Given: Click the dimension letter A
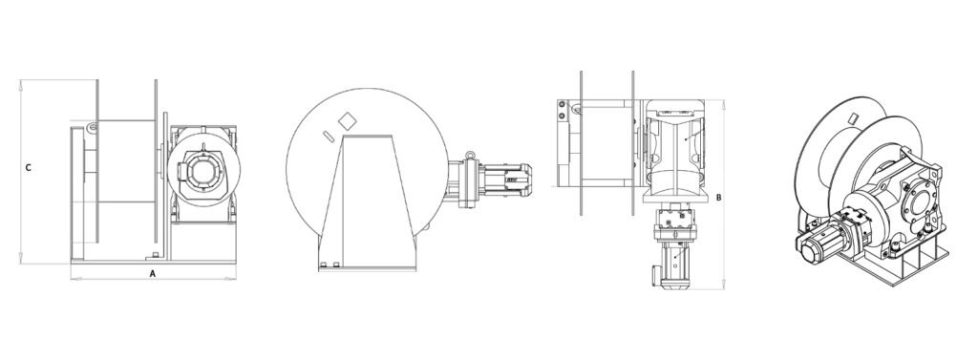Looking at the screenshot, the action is [152, 273].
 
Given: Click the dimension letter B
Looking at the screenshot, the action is [718, 198].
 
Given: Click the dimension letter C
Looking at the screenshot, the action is [28, 168].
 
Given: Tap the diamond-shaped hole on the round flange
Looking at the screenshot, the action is [347, 121].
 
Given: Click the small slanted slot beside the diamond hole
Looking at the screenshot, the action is [329, 136].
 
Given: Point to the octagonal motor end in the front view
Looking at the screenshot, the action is [201, 168].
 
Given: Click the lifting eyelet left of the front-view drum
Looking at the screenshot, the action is [93, 128].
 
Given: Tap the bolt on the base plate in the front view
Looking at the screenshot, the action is [154, 255].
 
